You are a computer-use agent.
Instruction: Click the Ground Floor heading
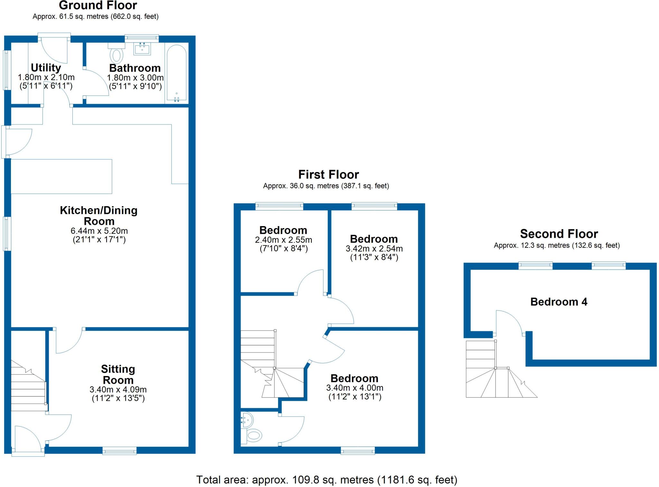pos(98,5)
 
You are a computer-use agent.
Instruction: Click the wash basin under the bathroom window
pos(142,49)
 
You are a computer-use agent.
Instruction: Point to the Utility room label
pos(46,68)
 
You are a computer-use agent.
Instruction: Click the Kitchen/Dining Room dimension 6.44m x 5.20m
pos(99,231)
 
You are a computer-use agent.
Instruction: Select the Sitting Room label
pos(118,374)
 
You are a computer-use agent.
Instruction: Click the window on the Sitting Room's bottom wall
pos(119,451)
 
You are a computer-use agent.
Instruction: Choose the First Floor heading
pos(328,175)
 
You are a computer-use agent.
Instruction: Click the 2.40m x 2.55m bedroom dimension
pos(283,240)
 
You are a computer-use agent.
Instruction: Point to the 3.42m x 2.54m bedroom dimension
pos(374,249)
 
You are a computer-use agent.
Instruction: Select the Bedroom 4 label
pos(559,302)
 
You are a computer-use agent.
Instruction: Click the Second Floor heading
pos(559,234)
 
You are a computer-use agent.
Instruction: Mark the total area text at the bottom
pos(327,480)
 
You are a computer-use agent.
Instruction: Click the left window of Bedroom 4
pos(535,266)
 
